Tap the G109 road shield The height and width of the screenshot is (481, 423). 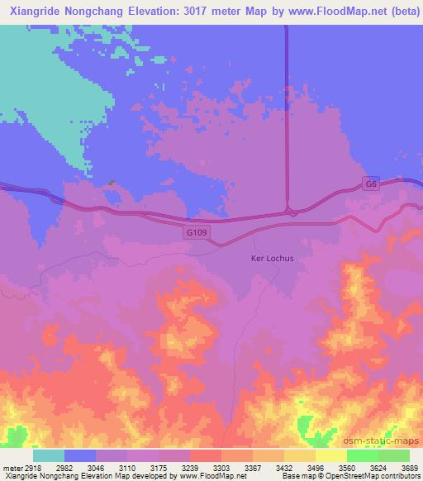click(x=197, y=234)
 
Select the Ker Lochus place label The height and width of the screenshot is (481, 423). click(x=272, y=258)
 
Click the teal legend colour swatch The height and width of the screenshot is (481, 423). click(x=49, y=455)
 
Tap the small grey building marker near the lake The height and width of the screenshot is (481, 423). click(x=111, y=183)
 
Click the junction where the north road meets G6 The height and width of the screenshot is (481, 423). click(x=288, y=212)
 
